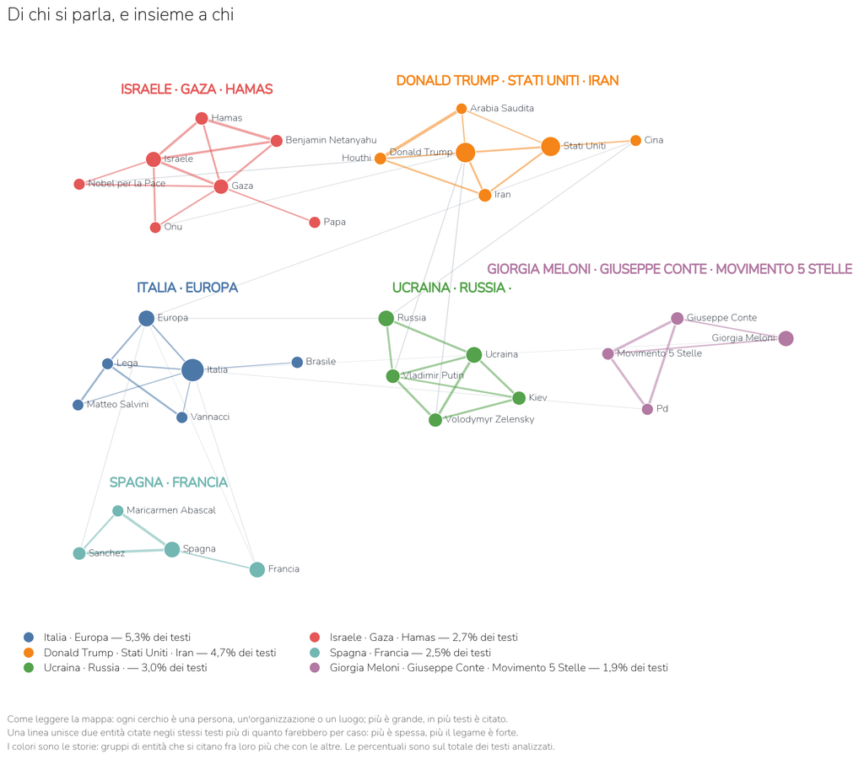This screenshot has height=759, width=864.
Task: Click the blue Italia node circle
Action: tap(192, 370)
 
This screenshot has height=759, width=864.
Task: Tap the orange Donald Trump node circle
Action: tap(466, 153)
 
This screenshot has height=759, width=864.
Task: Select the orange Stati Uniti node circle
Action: tap(550, 147)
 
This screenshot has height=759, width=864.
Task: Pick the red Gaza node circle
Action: tap(221, 186)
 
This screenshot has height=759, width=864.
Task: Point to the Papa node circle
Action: tap(315, 223)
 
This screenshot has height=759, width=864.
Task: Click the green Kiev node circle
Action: tap(519, 398)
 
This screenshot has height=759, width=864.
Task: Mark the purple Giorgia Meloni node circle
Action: tap(786, 339)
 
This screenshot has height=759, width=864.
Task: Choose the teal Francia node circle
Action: tap(257, 569)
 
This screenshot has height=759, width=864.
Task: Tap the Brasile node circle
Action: tap(297, 363)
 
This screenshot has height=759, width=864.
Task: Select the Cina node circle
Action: tap(636, 141)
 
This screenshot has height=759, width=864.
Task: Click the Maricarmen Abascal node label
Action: tap(171, 510)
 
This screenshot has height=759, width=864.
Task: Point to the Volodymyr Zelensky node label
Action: tap(490, 419)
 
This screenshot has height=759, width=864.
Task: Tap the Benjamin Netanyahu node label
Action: tap(331, 140)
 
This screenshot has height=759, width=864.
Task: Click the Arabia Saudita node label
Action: tap(502, 108)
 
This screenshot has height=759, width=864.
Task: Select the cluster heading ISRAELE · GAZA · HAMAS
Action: tap(197, 89)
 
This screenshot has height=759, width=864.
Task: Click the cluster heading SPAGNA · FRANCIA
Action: tap(169, 482)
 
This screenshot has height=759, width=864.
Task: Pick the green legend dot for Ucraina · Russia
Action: tap(29, 668)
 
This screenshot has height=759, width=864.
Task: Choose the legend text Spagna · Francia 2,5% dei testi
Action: tap(411, 653)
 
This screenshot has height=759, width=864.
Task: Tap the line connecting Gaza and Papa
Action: tap(267, 204)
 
